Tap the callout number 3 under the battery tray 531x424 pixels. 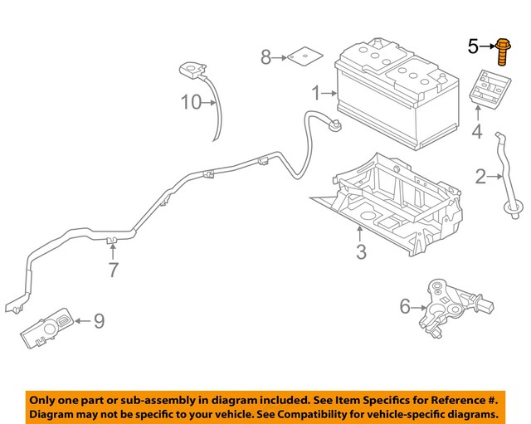pos(360,252)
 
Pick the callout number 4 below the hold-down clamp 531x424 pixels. pos(477,131)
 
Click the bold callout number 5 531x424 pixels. pos(473,47)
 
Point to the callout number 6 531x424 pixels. pos(405,306)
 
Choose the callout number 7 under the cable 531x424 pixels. pos(114,269)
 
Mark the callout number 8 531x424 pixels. pos(265,57)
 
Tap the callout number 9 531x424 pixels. pos(98,320)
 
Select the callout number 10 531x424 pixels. pos(192,103)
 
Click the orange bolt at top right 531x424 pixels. pos(504,51)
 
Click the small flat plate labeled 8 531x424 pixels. pos(303,58)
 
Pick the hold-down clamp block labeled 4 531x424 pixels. pos(486,90)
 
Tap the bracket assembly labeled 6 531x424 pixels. pos(448,301)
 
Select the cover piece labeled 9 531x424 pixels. pos(46,329)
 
